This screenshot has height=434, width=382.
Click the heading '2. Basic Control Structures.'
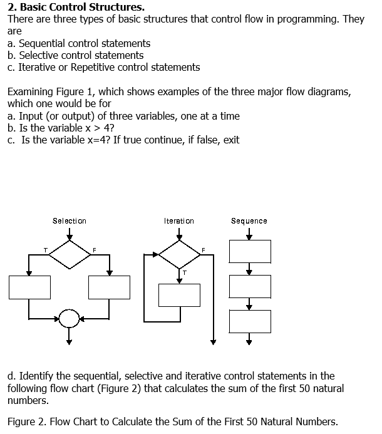point(76,8)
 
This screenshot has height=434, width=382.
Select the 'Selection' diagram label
point(70,221)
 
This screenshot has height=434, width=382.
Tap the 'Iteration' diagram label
point(179,221)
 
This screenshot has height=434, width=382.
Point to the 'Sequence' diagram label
point(249,221)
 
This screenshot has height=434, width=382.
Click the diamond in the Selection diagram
point(70,253)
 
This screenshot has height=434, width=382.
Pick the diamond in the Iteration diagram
point(179,253)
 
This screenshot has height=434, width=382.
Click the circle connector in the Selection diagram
point(70,319)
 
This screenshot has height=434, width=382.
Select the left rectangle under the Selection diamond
point(29,287)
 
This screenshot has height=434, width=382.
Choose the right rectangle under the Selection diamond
point(109,287)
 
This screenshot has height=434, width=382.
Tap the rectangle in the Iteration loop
point(179,295)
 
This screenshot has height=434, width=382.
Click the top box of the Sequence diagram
point(249,251)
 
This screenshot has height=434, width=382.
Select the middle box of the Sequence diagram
point(249,286)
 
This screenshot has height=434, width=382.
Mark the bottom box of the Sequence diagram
point(249,321)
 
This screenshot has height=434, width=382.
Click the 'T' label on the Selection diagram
point(45,250)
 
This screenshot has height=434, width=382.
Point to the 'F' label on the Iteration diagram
point(203,250)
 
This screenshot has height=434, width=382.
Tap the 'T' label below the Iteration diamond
point(184,273)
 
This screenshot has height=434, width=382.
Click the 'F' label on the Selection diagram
point(94,250)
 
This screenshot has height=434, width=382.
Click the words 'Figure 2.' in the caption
point(27,421)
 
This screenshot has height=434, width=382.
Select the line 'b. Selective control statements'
point(76,55)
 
